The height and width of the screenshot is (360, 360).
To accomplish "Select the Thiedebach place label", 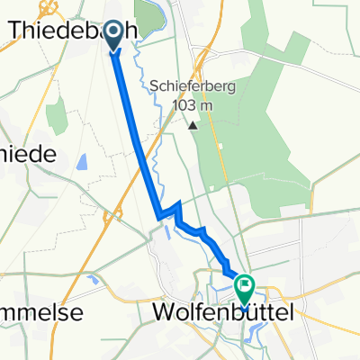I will point(72,30).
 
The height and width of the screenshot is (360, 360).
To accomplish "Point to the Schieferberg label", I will point(193,86).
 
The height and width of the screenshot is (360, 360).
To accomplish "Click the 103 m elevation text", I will point(193,106).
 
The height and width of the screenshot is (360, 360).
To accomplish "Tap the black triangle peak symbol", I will point(193,124).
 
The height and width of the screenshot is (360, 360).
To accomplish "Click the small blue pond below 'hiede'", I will point(82,163).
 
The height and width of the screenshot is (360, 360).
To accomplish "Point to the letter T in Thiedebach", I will point(16,30).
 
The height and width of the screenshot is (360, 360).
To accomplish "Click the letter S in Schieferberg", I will point(155,86).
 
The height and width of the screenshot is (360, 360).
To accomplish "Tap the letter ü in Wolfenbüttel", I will point(242,312).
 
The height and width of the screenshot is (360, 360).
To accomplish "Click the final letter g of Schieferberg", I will point(232,88).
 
